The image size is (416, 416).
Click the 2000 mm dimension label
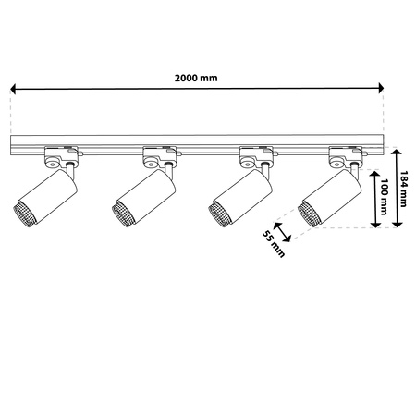coord(197,78)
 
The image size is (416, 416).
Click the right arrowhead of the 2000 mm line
coord(378,90)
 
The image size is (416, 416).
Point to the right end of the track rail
coord(380,142)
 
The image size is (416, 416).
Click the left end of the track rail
coord(13,142)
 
